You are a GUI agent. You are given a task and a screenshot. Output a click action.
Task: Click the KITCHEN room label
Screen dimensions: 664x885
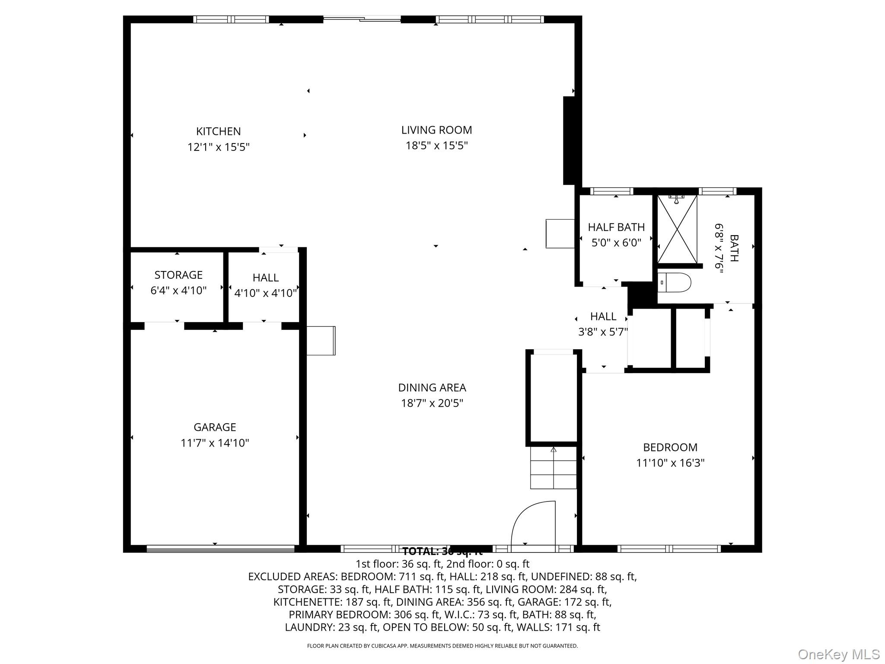click(x=218, y=131)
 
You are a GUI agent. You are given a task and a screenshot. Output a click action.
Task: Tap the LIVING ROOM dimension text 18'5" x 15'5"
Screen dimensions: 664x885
click(x=436, y=146)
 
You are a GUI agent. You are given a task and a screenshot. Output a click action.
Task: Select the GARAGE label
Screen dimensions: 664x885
click(x=215, y=427)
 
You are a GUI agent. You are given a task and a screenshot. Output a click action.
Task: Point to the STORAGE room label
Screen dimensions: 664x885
click(x=178, y=275)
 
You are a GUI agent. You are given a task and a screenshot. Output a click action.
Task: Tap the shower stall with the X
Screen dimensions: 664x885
click(x=677, y=229)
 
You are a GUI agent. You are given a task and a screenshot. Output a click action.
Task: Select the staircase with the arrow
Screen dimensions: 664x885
click(x=554, y=468)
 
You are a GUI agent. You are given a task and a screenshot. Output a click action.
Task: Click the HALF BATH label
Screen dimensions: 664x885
click(x=616, y=227)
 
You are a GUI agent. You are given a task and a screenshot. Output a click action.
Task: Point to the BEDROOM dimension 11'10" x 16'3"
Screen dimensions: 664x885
click(x=670, y=463)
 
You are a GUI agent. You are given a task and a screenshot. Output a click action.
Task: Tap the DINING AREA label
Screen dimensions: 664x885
click(x=432, y=387)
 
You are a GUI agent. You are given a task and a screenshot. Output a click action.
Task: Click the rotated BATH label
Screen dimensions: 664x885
click(x=734, y=248)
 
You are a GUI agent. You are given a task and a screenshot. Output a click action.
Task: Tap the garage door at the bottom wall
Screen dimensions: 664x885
click(x=220, y=549)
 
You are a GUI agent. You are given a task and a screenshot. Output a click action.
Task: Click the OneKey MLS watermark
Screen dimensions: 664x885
click(x=838, y=654)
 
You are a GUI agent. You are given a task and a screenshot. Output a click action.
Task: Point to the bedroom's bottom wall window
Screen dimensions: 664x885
click(x=669, y=549)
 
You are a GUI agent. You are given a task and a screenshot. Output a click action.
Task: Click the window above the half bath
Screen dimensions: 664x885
click(x=611, y=191)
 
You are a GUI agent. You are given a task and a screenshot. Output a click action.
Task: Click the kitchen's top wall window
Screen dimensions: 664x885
click(x=231, y=19)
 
